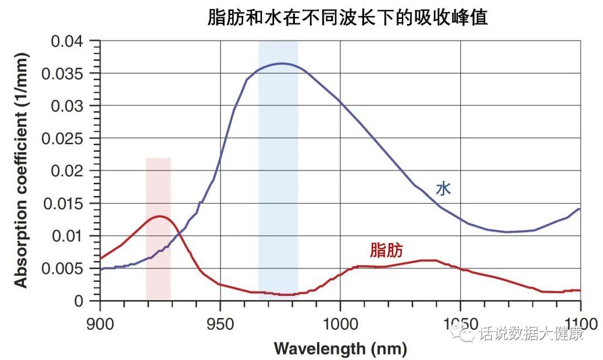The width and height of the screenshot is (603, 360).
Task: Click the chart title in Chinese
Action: [347, 17]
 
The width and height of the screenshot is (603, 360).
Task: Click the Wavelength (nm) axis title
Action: [340, 349]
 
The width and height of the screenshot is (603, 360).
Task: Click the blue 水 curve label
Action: [443, 189]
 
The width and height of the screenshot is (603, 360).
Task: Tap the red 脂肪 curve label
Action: [386, 249]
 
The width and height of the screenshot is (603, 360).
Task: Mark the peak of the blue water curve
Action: [281, 64]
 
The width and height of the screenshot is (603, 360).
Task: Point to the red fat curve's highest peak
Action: [160, 216]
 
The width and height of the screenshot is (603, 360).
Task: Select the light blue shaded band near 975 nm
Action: [278, 167]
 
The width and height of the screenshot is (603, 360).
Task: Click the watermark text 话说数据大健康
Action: [530, 334]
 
